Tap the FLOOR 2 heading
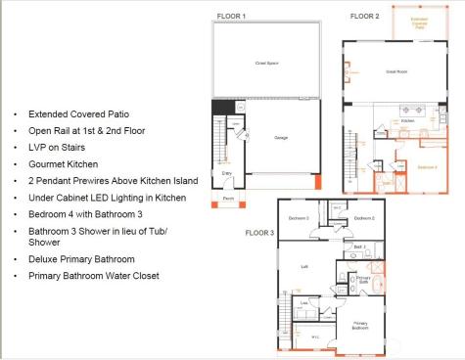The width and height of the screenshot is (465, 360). (x=365, y=17)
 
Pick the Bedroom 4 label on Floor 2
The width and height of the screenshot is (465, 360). (x=427, y=167)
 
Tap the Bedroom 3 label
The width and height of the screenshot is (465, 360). (x=299, y=217)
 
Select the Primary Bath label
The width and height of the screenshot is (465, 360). (x=363, y=279)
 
